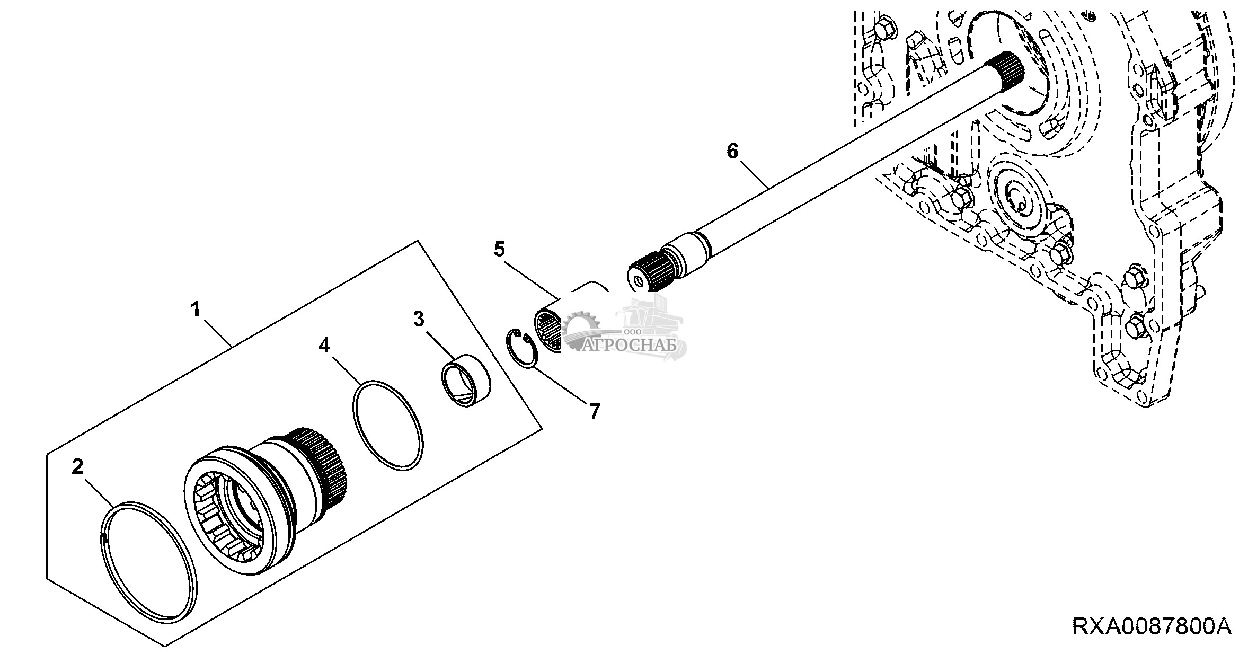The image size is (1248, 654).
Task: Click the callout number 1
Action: (x=197, y=308)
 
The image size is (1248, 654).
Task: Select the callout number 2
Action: (x=78, y=467)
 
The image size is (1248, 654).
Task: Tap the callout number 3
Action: (x=419, y=319)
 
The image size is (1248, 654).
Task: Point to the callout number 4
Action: (x=324, y=346)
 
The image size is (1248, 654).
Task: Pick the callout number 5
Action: (x=499, y=249)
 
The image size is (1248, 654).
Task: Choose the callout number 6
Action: (x=732, y=151)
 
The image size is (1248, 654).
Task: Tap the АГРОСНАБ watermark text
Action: (x=631, y=345)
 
